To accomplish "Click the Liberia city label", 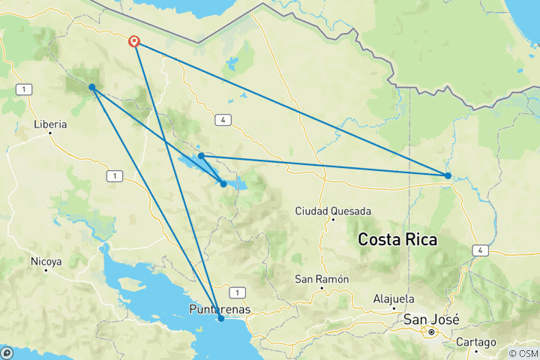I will [51, 124].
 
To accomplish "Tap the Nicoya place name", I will [46, 262].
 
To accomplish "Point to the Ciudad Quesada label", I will [334, 211].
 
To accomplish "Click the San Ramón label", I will [322, 279].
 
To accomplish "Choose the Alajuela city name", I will [394, 298].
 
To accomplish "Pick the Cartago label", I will [475, 342].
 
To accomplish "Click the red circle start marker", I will [134, 41].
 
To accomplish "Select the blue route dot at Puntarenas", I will [220, 319].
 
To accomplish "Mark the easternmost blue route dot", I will [448, 175].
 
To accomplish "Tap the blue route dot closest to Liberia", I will [91, 87].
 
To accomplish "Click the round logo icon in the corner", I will [7, 352].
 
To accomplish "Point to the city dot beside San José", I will [430, 331].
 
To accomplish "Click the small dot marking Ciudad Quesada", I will [332, 220].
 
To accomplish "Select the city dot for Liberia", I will [49, 133].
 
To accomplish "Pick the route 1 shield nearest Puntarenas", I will [237, 292].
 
